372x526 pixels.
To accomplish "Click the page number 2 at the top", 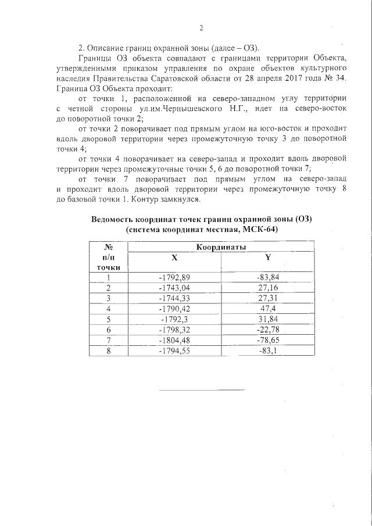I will click(202, 27).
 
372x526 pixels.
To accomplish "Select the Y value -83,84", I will click(268, 277).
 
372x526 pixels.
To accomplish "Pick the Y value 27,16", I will click(268, 287).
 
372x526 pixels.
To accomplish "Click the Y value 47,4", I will click(268, 308).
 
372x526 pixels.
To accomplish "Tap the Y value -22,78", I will click(268, 329).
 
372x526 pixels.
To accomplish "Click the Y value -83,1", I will click(268, 350).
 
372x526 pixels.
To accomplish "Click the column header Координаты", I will click(220, 247).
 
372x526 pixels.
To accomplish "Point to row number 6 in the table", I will click(108, 329).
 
